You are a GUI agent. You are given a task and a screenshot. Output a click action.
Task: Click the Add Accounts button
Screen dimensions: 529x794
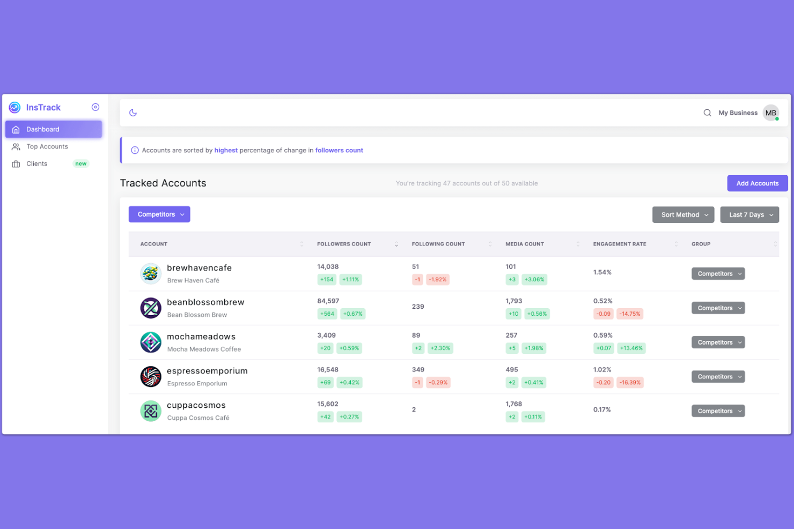tap(757, 183)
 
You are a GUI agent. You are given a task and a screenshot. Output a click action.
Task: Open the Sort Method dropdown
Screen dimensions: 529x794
tap(683, 215)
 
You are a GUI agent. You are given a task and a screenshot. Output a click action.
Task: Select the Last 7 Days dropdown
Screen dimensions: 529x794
tap(749, 215)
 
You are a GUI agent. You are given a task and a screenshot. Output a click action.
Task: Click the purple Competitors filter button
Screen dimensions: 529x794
tap(159, 214)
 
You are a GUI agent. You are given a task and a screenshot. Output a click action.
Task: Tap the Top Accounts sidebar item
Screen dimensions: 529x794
tap(47, 147)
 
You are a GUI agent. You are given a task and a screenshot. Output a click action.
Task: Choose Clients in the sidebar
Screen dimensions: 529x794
tap(37, 164)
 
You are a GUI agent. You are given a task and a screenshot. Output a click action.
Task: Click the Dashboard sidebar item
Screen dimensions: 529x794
tap(43, 130)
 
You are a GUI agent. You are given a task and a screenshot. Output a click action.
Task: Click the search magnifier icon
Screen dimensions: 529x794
tap(707, 113)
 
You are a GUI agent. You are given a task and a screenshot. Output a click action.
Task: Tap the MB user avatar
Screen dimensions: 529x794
tap(770, 113)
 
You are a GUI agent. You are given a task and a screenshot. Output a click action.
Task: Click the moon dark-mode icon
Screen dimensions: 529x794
tap(133, 113)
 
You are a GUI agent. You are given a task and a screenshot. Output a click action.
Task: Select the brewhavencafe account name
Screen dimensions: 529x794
tap(199, 268)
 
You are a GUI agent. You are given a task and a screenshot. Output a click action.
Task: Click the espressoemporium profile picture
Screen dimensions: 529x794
tap(151, 377)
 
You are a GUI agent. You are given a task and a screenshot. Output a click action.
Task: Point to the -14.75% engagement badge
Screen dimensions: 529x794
tap(630, 314)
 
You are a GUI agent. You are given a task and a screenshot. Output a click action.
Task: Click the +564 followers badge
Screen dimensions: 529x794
tap(327, 314)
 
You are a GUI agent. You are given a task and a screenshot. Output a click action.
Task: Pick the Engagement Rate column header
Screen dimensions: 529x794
tap(619, 244)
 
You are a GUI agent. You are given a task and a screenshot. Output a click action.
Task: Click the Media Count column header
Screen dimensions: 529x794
tap(524, 244)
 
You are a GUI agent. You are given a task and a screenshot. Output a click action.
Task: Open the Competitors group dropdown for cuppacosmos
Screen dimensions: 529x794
tap(718, 411)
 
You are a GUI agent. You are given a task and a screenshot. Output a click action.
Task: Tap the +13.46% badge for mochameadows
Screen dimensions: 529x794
tap(631, 348)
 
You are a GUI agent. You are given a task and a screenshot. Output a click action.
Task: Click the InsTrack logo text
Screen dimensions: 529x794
tap(43, 108)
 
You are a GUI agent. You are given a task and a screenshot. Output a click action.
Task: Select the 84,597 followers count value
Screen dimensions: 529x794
tap(328, 301)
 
